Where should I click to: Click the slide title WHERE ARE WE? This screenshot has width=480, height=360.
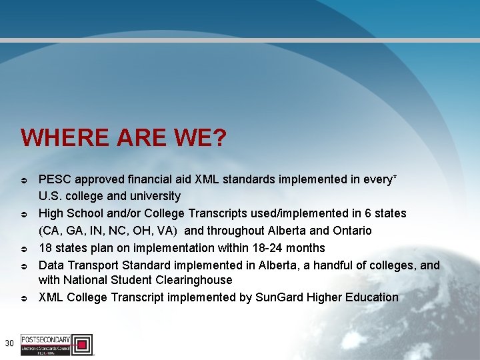123,138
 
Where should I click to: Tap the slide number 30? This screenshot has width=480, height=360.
9,343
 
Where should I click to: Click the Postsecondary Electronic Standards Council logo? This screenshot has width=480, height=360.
57,344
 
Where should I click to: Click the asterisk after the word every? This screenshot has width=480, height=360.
395,177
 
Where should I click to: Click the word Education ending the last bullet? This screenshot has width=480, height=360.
371,297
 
